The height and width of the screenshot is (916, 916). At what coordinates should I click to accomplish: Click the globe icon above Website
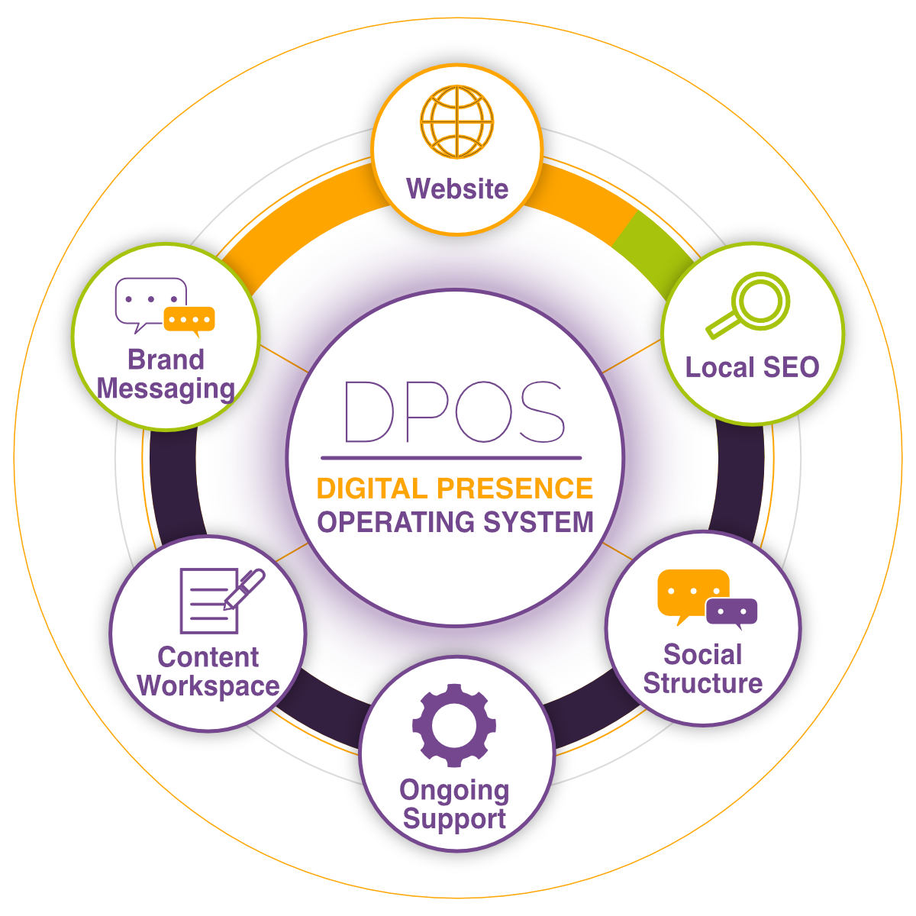tap(457, 122)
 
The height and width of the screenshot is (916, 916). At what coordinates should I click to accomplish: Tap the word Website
tap(457, 189)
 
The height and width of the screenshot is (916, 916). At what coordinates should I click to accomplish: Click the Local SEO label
tap(752, 367)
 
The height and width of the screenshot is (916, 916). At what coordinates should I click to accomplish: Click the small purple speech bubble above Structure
tap(731, 612)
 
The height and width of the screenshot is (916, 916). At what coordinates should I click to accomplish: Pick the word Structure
tap(702, 683)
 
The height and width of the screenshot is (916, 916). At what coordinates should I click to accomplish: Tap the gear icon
tap(454, 724)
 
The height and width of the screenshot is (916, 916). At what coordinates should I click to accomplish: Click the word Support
tap(454, 819)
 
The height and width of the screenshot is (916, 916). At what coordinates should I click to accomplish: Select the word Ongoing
tap(454, 791)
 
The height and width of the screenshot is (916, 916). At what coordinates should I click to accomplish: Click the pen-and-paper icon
tap(218, 601)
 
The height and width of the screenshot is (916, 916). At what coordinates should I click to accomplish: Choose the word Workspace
tap(208, 685)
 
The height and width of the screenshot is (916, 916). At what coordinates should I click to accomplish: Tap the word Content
tap(208, 656)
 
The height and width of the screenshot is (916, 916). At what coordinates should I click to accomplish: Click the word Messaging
tap(166, 389)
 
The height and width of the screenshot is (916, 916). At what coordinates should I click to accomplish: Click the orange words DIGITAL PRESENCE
tap(455, 489)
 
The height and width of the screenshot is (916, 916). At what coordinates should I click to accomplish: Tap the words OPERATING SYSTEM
tap(455, 523)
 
